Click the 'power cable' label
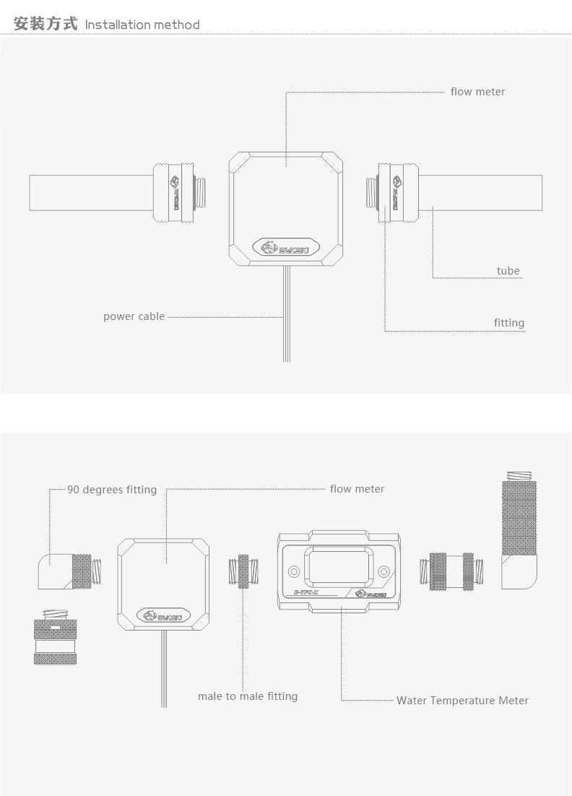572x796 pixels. pos(134,316)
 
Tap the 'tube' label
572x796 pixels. pos(508,271)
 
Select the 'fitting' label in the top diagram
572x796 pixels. pos(508,323)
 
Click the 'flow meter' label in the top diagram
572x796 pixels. pos(477,92)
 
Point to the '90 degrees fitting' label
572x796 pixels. pos(112,490)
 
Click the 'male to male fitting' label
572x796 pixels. pos(248,696)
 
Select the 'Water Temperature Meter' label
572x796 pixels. pos(462,701)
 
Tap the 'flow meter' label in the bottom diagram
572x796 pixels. pos(357,489)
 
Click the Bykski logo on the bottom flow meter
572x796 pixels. pos(164,616)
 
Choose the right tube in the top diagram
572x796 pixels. pos(481,193)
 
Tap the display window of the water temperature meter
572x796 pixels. pos(338,568)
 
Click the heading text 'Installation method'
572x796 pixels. pos(142,25)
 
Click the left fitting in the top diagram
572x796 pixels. pos(175,193)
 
